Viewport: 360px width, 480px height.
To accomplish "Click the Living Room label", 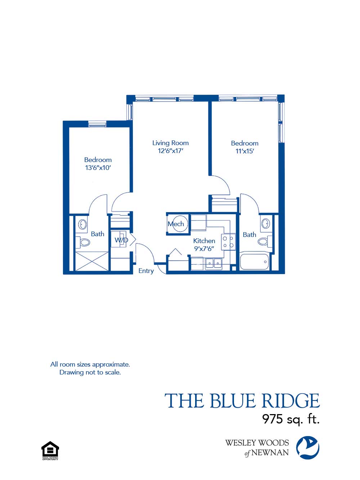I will (x=170, y=143).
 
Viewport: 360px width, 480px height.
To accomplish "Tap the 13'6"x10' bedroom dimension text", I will (x=98, y=168).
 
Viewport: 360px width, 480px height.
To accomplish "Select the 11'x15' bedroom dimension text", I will (x=244, y=151).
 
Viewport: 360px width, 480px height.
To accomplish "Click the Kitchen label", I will (x=204, y=241).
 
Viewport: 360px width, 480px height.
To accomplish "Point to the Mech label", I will (x=176, y=224).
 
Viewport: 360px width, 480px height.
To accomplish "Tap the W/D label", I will (x=121, y=240).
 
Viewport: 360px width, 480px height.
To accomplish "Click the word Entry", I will (x=146, y=271).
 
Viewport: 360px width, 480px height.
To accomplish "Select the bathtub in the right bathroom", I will (x=254, y=261).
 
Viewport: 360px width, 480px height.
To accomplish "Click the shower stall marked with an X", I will (x=91, y=261).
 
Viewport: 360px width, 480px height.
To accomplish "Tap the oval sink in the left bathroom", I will (x=83, y=225).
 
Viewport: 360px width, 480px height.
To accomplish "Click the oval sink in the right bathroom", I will (x=266, y=223).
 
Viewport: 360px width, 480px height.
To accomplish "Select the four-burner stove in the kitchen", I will (x=228, y=242).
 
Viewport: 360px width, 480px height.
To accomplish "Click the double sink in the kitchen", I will (x=213, y=264).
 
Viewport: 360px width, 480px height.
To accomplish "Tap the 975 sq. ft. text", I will (x=291, y=419).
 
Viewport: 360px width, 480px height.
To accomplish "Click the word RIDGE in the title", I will (x=290, y=401).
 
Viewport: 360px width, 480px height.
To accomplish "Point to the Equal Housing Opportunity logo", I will (x=50, y=450).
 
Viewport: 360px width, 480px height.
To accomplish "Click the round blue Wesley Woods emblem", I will (x=307, y=448).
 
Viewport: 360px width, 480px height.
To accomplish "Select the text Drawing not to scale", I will (x=90, y=372).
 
